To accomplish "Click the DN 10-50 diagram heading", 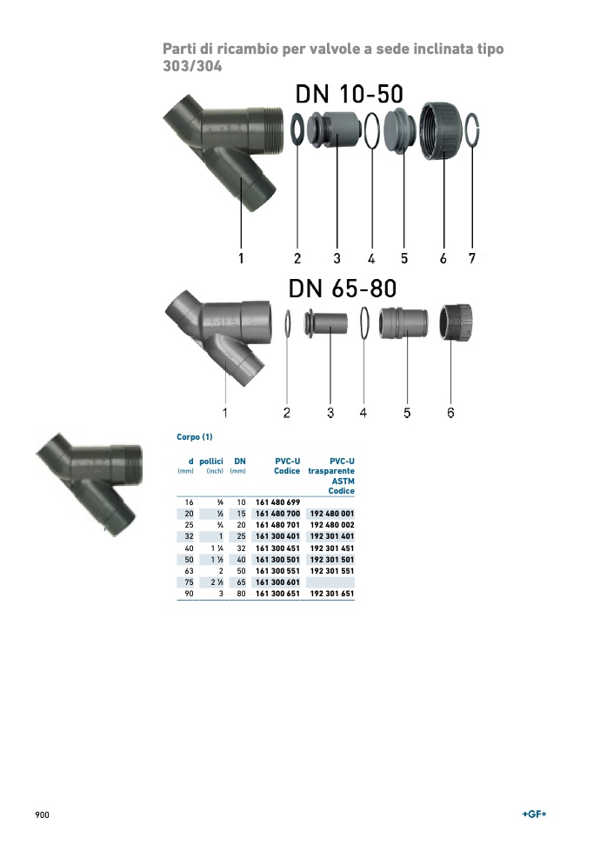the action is pos(349,94).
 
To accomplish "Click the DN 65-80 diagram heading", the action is pos(343,289).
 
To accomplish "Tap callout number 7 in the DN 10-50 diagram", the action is pos(472,259).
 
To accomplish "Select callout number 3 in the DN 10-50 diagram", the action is pos(337,259).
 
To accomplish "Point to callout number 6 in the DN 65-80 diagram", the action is pos(450,413).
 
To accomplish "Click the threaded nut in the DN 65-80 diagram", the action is pos(456,322).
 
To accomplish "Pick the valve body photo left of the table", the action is pos(90,482).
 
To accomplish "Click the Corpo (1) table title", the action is pos(195,437).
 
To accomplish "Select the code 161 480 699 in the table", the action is pos(278,502).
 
